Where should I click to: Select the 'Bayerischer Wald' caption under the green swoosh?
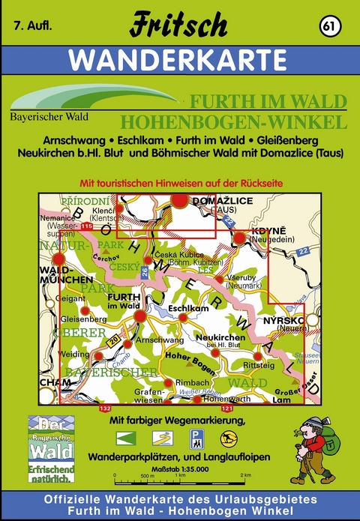tap(46, 117)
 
